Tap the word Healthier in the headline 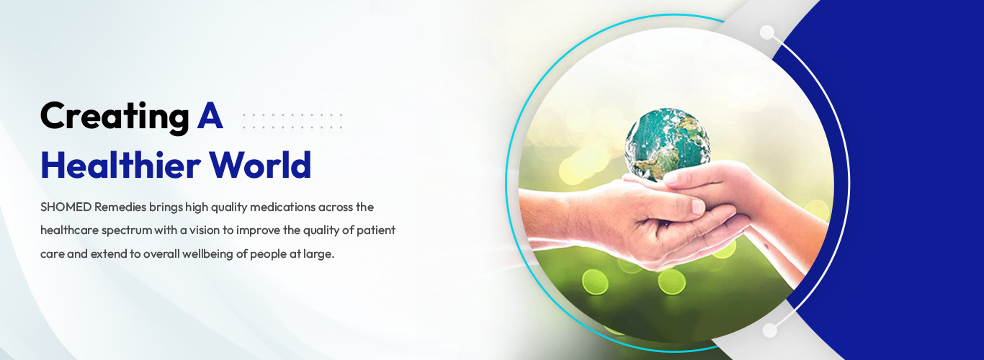coord(121,165)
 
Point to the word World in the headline coord(260,165)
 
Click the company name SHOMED coord(66,207)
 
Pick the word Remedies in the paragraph coord(120,207)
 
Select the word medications coord(282,207)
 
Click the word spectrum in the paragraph coord(127,231)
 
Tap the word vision coord(205,230)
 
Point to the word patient coord(376,231)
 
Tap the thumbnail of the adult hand coord(699,206)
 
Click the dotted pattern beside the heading coord(292,121)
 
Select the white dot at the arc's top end coord(767,32)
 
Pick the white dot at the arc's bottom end coord(769,330)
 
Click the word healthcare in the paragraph coord(69,230)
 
